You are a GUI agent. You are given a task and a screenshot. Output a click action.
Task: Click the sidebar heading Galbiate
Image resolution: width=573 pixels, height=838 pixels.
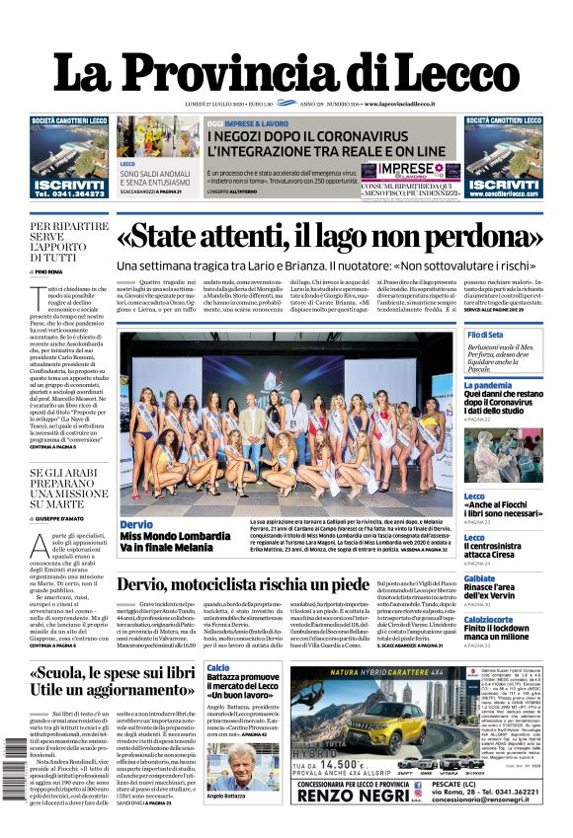pyautogui.click(x=480, y=578)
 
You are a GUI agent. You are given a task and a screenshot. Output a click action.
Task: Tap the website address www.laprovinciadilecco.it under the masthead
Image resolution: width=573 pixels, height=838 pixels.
pyautogui.click(x=414, y=104)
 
